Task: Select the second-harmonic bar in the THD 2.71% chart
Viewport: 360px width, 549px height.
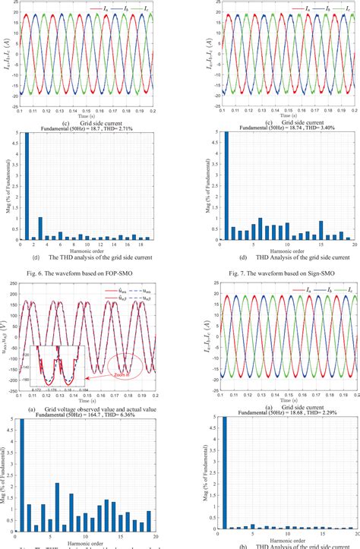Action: [39, 228]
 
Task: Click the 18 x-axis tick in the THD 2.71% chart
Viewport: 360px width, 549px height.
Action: [142, 245]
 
